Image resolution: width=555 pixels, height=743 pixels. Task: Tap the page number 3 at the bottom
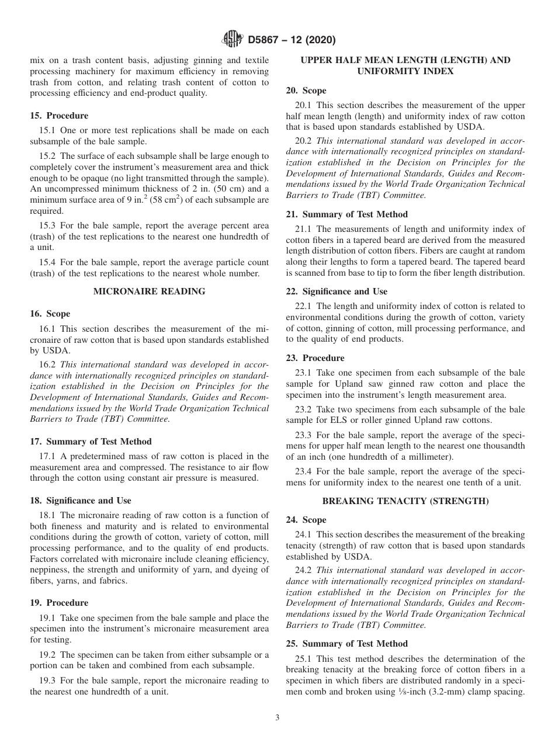pyautogui.click(x=277, y=718)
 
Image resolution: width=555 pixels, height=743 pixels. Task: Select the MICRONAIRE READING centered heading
pyautogui.click(x=150, y=291)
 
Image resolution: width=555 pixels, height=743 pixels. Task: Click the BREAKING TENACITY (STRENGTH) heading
pyautogui.click(x=405, y=501)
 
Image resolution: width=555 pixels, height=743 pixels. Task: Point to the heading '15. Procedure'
pyautogui.click(x=59, y=116)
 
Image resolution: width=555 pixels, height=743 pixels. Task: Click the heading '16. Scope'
pyautogui.click(x=50, y=314)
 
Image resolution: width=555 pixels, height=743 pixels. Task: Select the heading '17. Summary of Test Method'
pyautogui.click(x=91, y=442)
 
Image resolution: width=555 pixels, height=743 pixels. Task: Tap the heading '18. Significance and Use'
pyautogui.click(x=81, y=500)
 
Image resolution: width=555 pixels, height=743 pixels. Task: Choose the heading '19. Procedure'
pyautogui.click(x=59, y=603)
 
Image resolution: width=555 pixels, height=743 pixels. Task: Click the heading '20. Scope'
pyautogui.click(x=306, y=91)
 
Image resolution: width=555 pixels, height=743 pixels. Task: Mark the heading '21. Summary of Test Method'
pyautogui.click(x=347, y=214)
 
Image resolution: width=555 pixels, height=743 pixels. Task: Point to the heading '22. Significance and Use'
pyautogui.click(x=337, y=291)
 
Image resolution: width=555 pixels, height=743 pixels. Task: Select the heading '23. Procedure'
pyautogui.click(x=315, y=358)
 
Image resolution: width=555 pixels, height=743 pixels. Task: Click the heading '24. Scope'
pyautogui.click(x=306, y=520)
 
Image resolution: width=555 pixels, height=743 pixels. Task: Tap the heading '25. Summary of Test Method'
pyautogui.click(x=347, y=644)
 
